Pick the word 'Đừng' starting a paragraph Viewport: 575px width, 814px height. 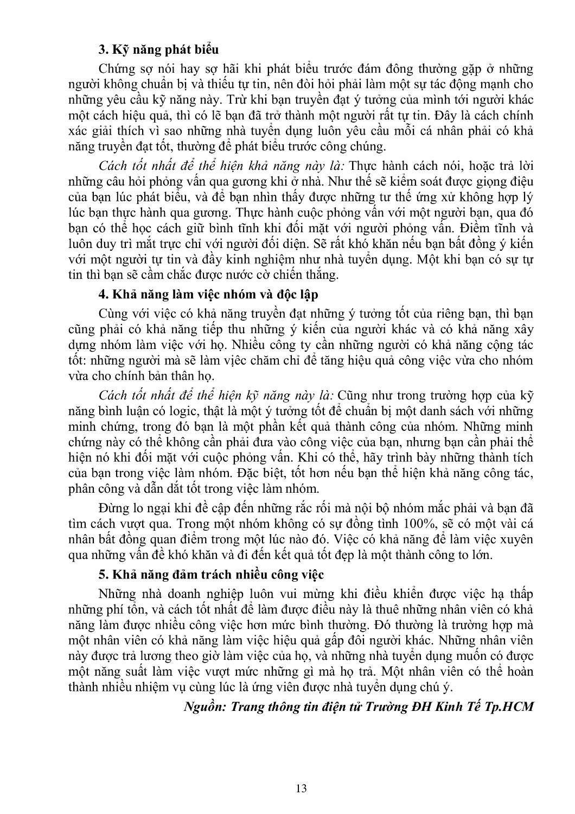point(114,508)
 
